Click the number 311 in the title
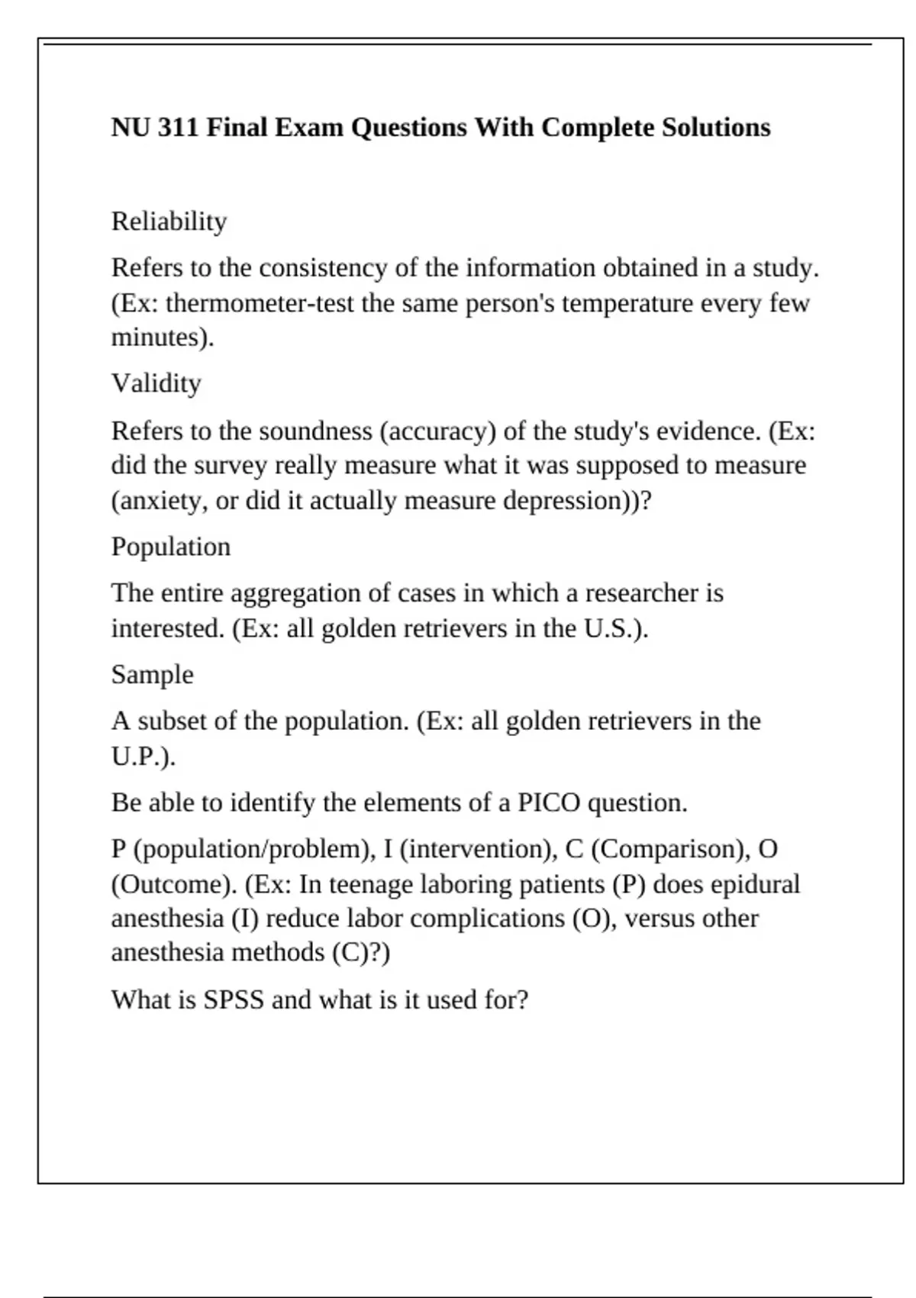179,127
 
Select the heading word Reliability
169,221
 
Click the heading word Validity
156,383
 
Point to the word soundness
315,431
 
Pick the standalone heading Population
170,547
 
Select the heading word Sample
152,675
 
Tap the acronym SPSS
233,999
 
